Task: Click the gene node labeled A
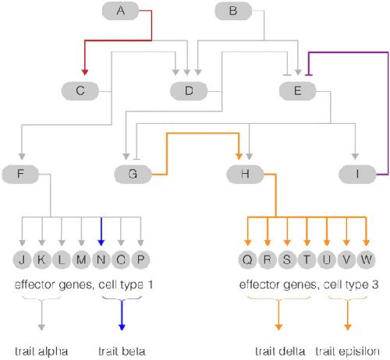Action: (x=120, y=11)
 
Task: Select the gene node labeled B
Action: (x=233, y=11)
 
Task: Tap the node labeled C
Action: (x=80, y=91)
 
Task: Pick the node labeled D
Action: (x=189, y=91)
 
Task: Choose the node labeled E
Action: (x=297, y=91)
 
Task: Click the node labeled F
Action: (x=20, y=174)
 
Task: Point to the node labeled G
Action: (x=133, y=174)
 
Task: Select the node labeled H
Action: (x=245, y=174)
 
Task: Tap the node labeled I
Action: (x=357, y=174)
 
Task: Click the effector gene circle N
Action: (x=101, y=259)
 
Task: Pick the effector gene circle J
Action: (x=23, y=259)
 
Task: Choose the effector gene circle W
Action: (x=366, y=259)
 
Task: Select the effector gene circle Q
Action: (x=247, y=259)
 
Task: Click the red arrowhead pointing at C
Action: (x=84, y=72)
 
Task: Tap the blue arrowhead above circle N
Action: (x=101, y=242)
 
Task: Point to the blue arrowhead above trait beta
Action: (x=122, y=327)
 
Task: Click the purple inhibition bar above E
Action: (x=309, y=76)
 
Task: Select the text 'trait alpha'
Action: (x=41, y=351)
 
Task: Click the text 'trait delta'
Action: (x=280, y=351)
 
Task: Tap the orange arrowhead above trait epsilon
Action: (x=348, y=327)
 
